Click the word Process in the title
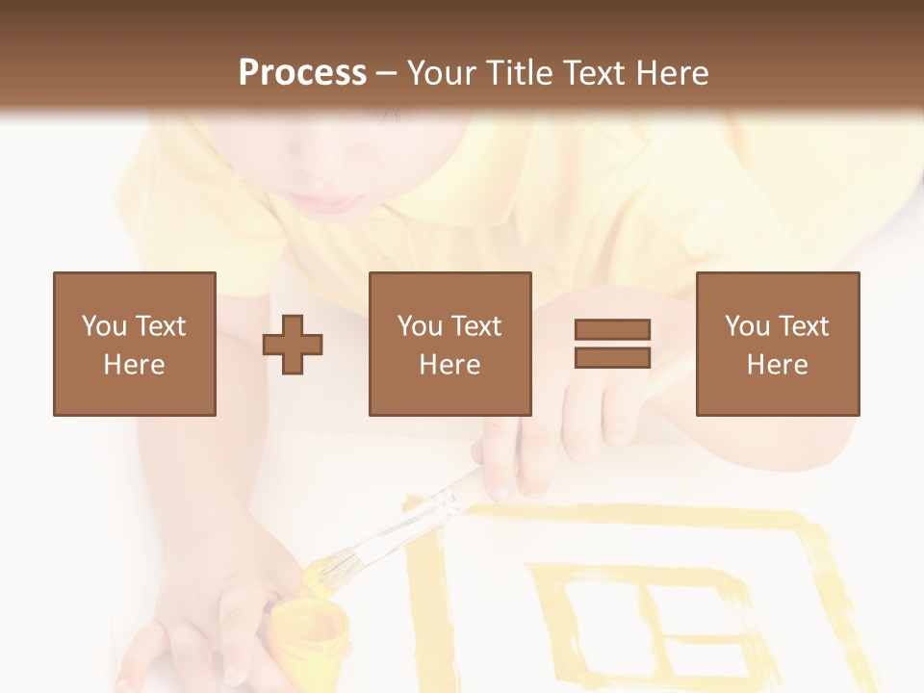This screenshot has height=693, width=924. point(302,73)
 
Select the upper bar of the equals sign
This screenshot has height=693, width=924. point(612,329)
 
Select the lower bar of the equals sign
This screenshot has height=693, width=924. point(612,358)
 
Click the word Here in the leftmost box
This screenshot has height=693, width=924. point(134,365)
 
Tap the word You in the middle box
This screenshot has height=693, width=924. point(420,326)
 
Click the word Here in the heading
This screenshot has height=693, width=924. point(674,73)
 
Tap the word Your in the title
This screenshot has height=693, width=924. point(442,73)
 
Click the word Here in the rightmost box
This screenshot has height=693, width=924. point(777,365)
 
